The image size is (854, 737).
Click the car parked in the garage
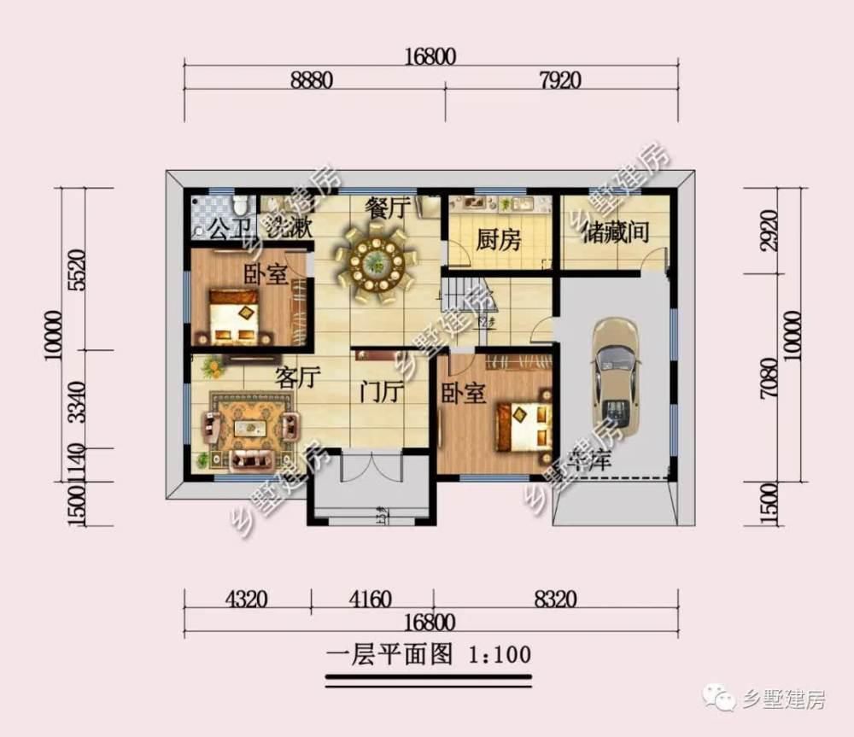coord(616,377)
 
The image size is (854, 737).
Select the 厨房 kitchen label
coord(498,240)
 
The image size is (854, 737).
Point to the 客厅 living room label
coord(297,377)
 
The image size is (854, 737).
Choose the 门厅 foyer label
coord(380,394)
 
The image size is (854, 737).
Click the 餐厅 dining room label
coord(389,208)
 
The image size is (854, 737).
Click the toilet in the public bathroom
coord(241,205)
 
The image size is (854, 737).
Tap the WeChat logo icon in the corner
coord(717,699)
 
